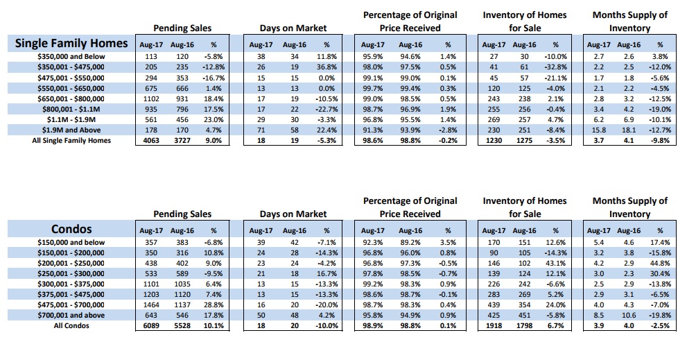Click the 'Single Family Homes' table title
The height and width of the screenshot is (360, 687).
click(71, 44)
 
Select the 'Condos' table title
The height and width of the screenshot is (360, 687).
click(71, 229)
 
